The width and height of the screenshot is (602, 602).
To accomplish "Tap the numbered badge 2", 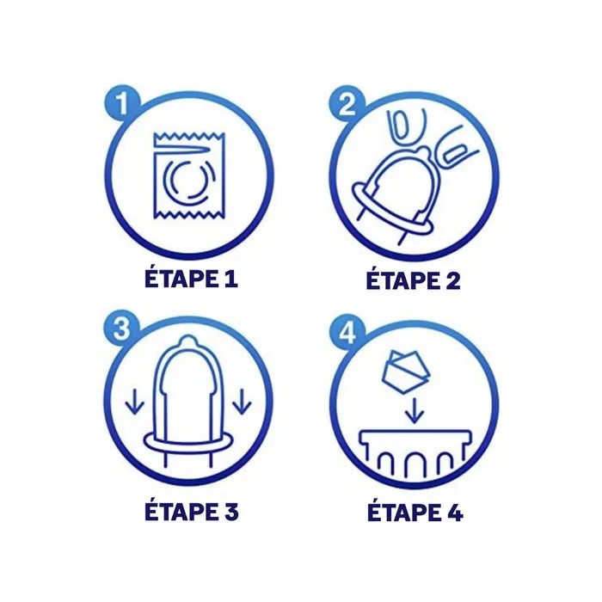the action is coord(347,103).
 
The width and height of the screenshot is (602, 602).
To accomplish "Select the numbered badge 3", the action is coord(121,329).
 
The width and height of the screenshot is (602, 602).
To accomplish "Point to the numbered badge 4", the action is coord(347,334).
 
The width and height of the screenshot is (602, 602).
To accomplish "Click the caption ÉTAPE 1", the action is coord(191,279).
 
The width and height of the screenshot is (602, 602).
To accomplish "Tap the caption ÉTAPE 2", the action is coord(413,279).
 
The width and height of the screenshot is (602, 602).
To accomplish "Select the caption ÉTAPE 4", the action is coord(415,511).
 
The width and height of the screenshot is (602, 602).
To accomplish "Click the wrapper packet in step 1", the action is coord(189,175).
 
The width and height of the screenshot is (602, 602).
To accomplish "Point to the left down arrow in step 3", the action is coord(135,402).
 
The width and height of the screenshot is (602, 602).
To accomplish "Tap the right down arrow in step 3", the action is coord(243,402).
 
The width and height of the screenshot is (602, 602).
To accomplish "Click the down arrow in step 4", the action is coord(415,411).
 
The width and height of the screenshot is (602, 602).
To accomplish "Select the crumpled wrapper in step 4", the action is coord(406,372).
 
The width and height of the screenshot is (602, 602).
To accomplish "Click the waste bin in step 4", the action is coord(415,453).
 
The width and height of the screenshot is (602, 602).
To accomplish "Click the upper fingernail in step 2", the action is coord(401,125).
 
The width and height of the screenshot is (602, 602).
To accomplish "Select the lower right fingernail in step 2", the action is coord(455,154).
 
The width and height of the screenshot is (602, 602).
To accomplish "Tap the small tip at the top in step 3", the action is coord(188,341).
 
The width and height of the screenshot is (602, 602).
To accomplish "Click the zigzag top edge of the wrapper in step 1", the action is coord(189,136).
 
